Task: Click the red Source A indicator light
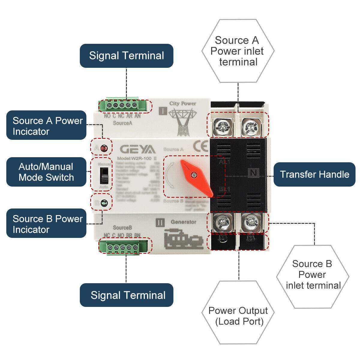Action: tap(104, 148)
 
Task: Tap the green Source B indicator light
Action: tap(104, 203)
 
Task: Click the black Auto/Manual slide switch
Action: tap(104, 175)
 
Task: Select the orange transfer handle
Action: tap(196, 177)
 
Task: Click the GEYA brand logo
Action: tap(138, 149)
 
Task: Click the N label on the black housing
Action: tap(254, 173)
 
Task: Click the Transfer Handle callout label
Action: tap(314, 174)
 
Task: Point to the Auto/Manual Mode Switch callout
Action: tap(46, 172)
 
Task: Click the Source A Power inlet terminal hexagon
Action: tap(238, 51)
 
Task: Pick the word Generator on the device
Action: tap(183, 222)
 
